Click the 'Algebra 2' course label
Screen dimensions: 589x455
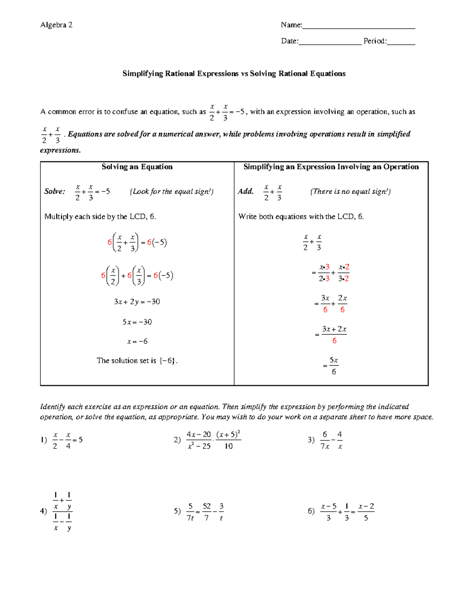tap(56, 25)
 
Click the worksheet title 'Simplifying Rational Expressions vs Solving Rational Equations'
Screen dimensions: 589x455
tap(234, 74)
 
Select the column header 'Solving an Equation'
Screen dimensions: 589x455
tap(137, 167)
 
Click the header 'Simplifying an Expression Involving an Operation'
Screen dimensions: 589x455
tap(331, 167)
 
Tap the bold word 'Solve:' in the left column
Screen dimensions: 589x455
tap(55, 192)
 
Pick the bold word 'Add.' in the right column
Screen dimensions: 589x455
tap(245, 192)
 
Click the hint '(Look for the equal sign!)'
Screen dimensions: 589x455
tap(171, 192)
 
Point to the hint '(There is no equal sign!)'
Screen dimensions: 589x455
tap(350, 192)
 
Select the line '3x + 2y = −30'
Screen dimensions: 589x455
tap(137, 302)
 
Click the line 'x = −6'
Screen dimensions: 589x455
tap(137, 342)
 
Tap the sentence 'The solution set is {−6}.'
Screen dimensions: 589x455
tap(137, 361)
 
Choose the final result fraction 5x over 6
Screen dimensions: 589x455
tap(334, 366)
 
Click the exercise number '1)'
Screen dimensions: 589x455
tap(44, 440)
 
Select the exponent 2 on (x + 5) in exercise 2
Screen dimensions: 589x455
tap(239, 432)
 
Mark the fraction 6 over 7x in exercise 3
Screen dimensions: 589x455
tap(325, 440)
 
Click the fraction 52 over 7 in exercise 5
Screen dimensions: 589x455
tap(207, 512)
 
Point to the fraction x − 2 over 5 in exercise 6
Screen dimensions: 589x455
tap(366, 512)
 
